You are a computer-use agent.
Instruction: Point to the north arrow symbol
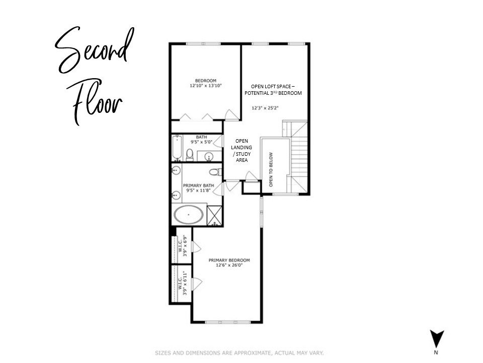(437, 339)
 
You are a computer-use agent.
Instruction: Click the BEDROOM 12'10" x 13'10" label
(206, 84)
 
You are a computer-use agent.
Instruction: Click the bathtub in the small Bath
(177, 147)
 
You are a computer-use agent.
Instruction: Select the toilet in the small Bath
(190, 154)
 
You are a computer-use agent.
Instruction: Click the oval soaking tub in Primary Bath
(189, 215)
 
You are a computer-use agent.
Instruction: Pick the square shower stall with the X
(215, 215)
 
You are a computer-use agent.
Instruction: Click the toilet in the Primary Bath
(214, 172)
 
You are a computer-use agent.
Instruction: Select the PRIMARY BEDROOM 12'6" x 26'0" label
(229, 263)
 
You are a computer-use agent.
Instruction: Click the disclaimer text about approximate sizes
(239, 352)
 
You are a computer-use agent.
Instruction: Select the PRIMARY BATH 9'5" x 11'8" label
(198, 188)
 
